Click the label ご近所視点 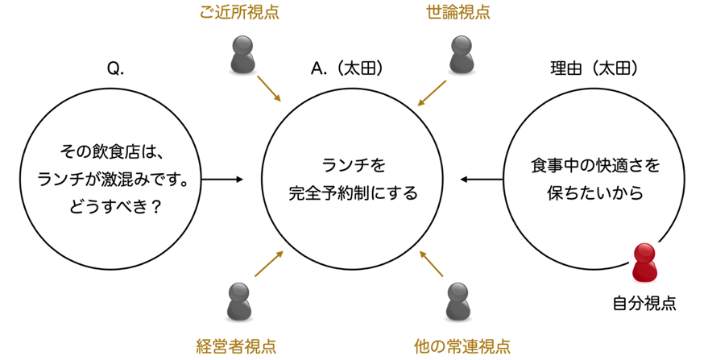(x=239, y=14)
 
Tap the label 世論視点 (x=458, y=14)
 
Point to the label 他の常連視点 (x=462, y=346)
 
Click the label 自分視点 (x=644, y=304)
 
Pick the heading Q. (x=115, y=69)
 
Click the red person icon (x=644, y=263)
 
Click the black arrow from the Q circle (x=222, y=179)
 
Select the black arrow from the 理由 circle (x=481, y=179)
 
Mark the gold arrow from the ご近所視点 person (x=269, y=89)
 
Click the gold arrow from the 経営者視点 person (x=269, y=264)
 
